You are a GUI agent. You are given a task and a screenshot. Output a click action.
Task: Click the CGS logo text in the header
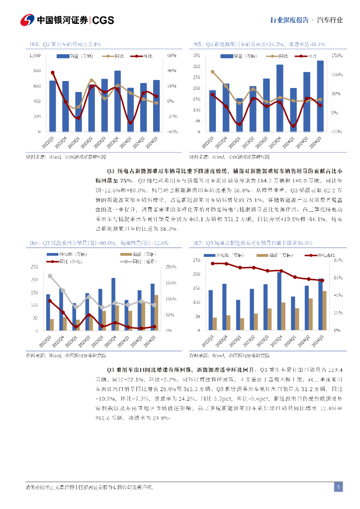click(103, 20)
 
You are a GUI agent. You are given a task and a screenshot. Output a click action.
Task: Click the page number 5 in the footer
click(338, 487)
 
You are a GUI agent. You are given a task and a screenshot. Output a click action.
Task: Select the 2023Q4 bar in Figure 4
click(117, 101)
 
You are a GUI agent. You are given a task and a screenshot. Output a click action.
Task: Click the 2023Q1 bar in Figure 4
click(78, 112)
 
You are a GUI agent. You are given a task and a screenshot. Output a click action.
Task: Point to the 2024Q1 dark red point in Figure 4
click(131, 122)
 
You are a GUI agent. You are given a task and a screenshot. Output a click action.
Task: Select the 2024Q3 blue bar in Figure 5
click(320, 96)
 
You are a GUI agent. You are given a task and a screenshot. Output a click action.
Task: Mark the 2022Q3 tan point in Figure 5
click(212, 72)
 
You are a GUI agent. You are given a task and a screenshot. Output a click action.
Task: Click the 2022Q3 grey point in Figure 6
click(50, 276)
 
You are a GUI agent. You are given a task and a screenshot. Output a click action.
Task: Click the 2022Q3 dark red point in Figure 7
click(213, 263)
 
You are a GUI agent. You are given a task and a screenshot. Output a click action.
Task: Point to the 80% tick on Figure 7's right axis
click(336, 260)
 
